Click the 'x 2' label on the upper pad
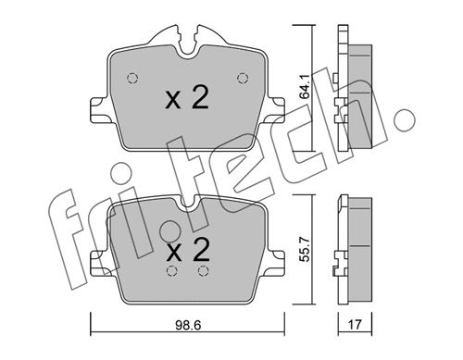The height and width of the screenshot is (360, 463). (x=186, y=100)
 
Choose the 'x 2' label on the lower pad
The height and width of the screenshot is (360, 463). (x=187, y=248)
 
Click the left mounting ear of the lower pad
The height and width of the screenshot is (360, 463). (x=98, y=266)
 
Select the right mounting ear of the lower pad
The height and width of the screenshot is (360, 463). (x=275, y=266)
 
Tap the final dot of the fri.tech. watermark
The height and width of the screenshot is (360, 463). (x=405, y=119)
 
